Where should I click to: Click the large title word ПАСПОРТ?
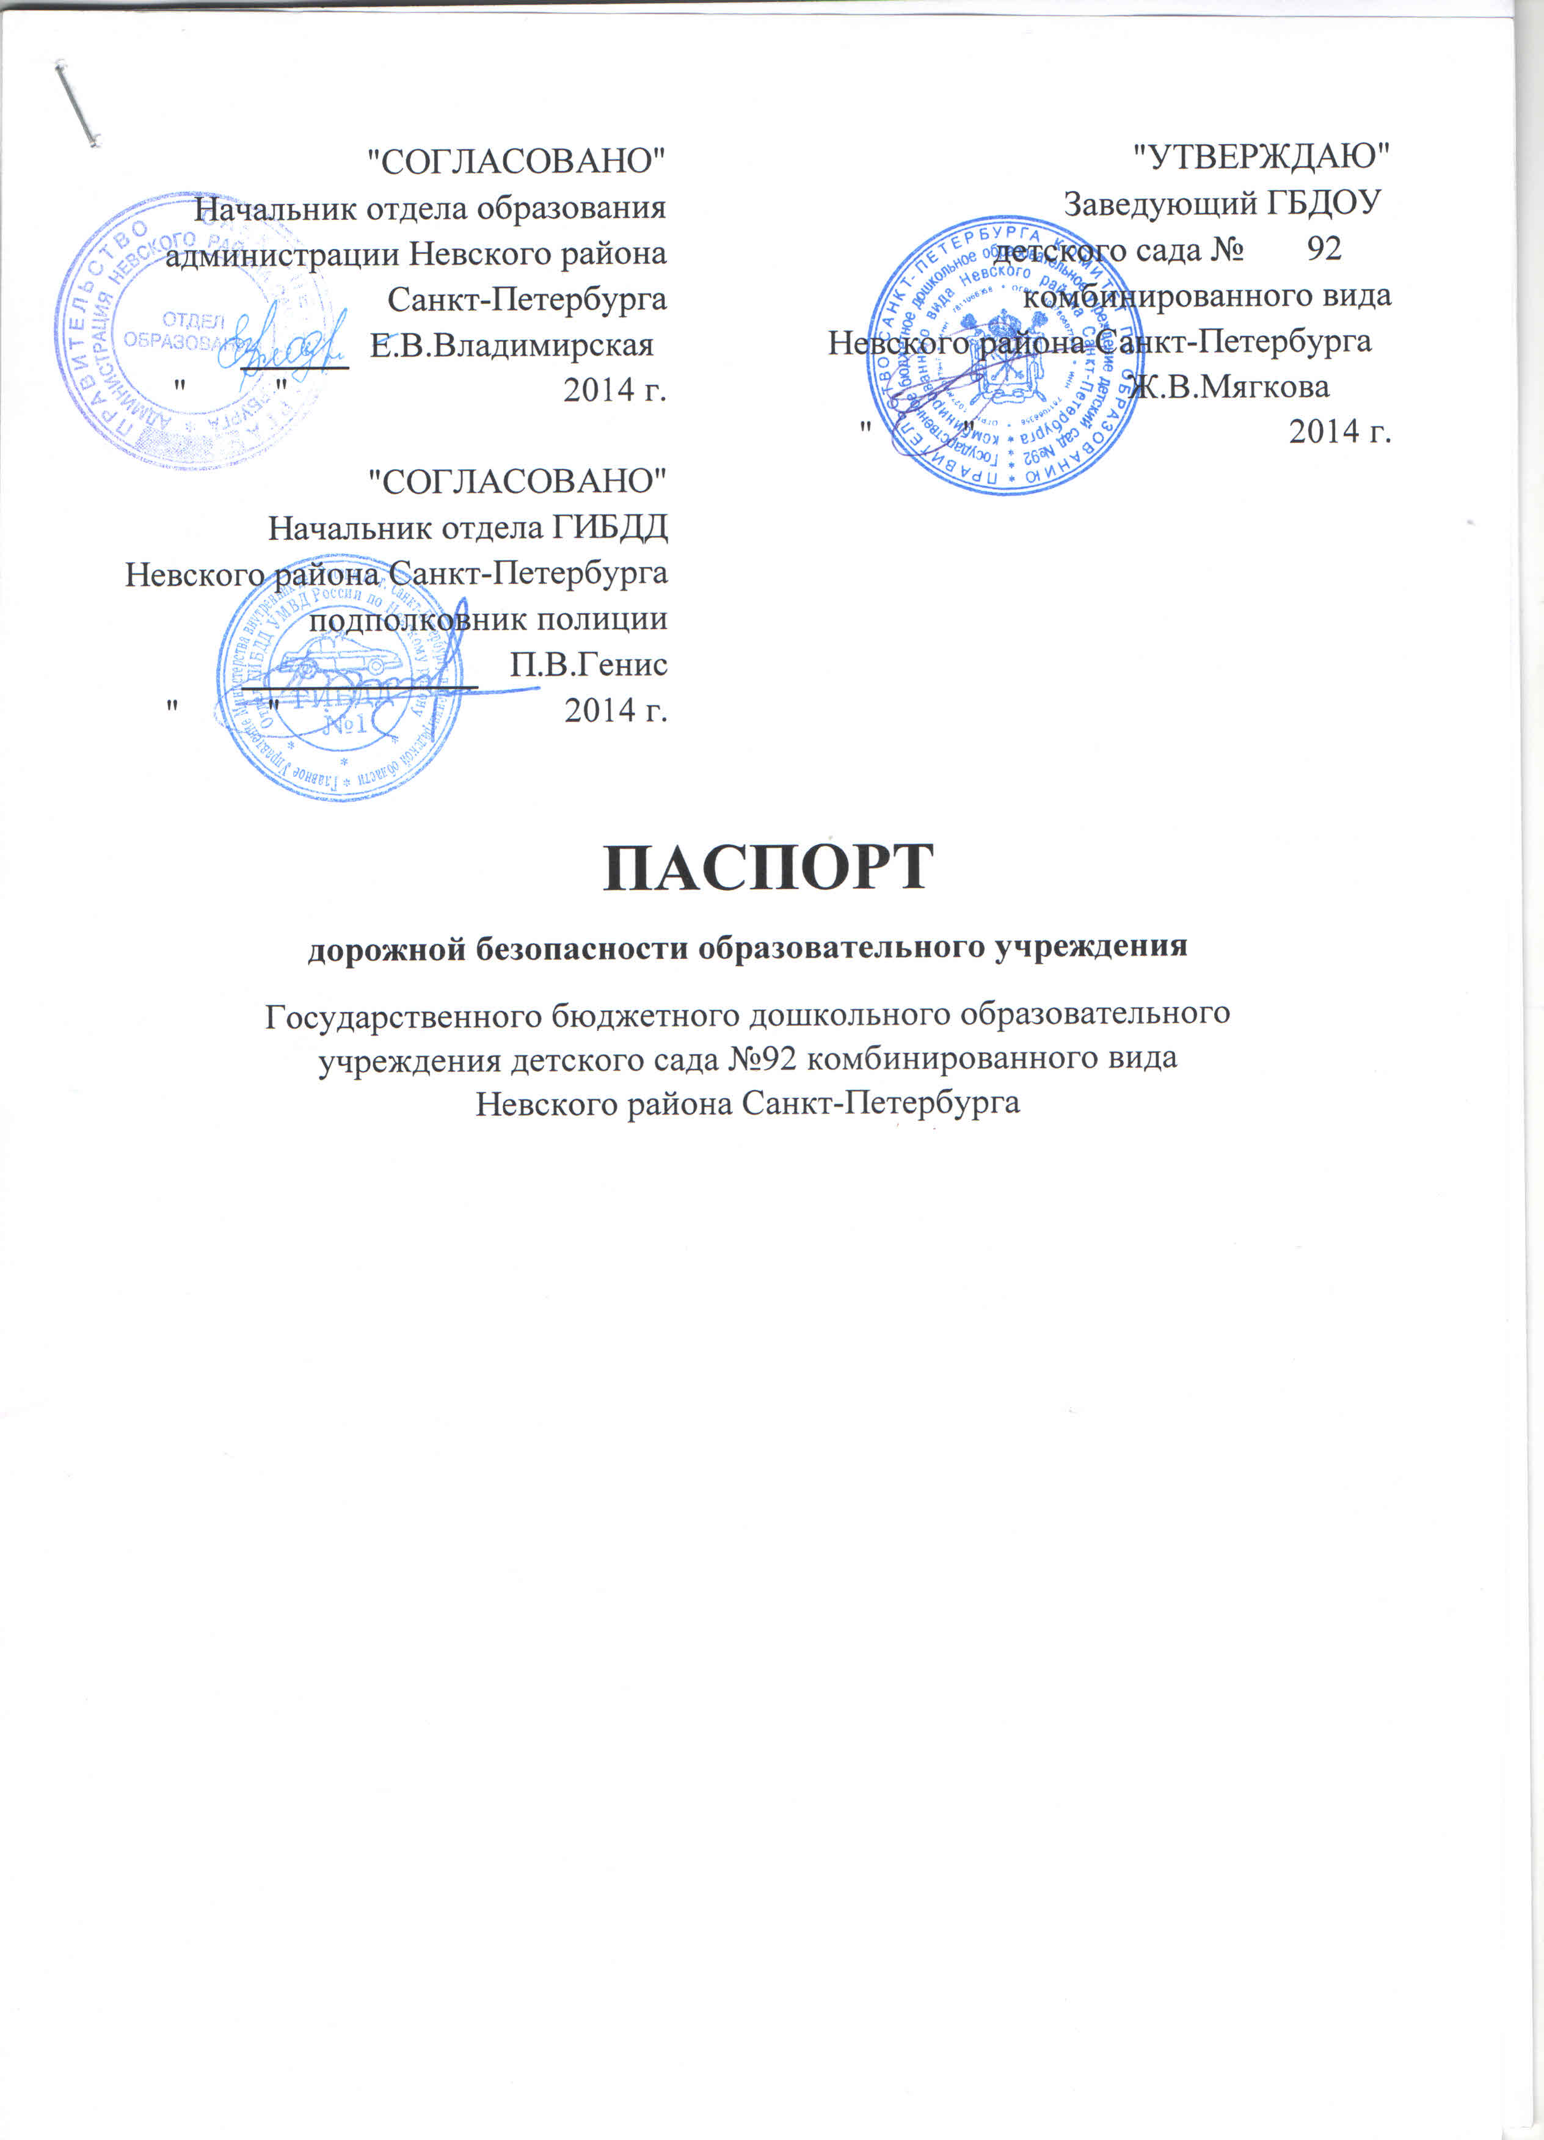768,867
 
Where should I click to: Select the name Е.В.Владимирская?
512,345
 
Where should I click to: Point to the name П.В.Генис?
588,664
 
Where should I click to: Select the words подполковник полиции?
488,619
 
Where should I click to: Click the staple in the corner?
78,103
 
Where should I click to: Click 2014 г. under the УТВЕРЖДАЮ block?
1340,431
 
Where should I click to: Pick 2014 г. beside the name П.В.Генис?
615,710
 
